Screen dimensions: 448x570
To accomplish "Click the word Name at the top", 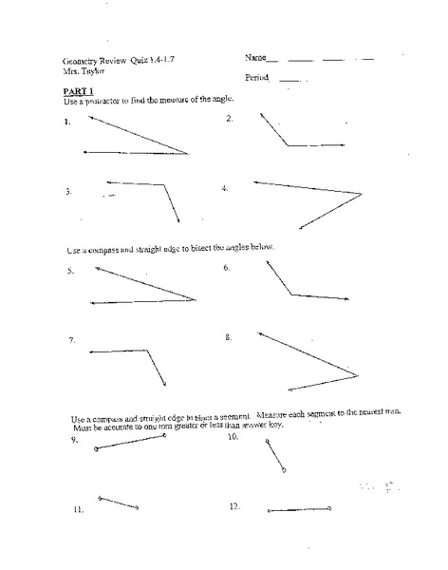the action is pos(253,59).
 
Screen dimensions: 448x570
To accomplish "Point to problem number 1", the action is pos(67,123).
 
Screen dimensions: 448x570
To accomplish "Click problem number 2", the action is pos(230,118).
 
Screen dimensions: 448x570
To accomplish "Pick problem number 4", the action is pos(225,188).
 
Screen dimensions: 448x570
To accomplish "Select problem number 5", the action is pos(70,270).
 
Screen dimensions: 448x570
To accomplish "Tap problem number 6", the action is pos(228,268).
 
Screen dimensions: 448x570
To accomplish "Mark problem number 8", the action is pos(230,336).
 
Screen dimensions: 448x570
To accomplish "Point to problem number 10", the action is pos(233,440).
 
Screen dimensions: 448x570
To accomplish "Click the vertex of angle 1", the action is pos(189,152).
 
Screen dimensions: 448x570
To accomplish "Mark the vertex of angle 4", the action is pos(363,194).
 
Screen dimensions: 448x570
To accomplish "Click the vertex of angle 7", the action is pos(149,351).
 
